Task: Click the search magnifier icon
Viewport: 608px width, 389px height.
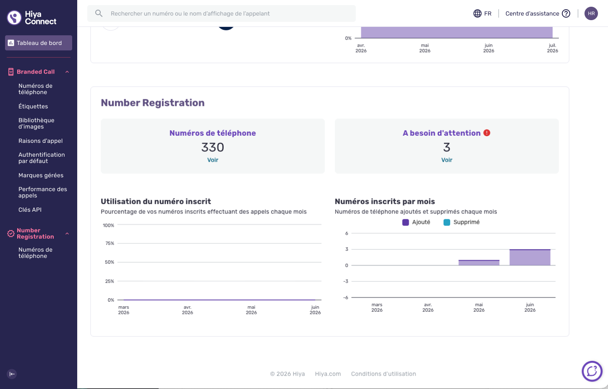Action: [99, 13]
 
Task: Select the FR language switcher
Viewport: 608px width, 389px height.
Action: [482, 13]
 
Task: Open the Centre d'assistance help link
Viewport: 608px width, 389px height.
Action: [538, 13]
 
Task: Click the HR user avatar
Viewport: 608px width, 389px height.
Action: [591, 13]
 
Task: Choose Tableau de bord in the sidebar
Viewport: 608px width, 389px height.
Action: [39, 43]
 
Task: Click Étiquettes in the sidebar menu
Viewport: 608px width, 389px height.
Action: [33, 106]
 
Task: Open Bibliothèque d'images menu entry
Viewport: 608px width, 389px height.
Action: [37, 124]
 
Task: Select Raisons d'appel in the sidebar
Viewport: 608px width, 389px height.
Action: [40, 141]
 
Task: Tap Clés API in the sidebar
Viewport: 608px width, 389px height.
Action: [30, 210]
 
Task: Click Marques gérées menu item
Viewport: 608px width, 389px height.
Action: [41, 175]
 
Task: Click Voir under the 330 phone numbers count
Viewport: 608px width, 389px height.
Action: [213, 160]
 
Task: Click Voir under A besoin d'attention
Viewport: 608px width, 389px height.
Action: [447, 160]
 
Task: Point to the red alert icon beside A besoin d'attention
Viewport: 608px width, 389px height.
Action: [487, 133]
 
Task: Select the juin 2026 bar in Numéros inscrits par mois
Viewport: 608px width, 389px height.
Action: [530, 257]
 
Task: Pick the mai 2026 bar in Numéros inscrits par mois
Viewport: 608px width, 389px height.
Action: [479, 263]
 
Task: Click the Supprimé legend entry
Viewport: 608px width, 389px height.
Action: [462, 222]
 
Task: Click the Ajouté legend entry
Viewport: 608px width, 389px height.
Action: [416, 222]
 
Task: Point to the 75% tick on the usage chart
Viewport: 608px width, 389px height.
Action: [110, 243]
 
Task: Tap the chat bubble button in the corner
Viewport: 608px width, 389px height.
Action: [592, 371]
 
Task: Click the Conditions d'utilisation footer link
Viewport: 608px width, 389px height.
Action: [384, 374]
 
